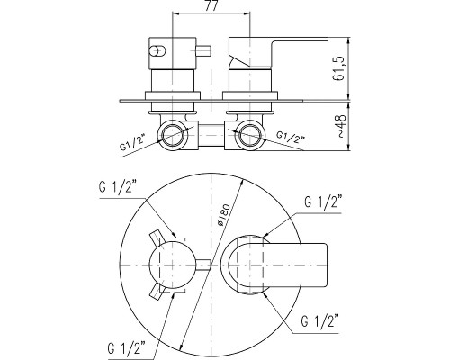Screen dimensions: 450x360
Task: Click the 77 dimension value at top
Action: [211, 5]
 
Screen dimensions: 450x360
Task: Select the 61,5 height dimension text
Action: [338, 69]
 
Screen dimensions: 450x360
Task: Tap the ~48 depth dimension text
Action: [341, 125]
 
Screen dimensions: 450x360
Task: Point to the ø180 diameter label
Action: [224, 215]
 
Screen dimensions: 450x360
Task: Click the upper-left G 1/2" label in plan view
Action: [118, 187]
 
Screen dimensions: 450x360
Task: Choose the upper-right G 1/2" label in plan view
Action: [323, 202]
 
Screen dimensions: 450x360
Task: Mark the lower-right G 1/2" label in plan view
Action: [320, 321]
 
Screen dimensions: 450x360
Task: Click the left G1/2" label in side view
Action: [132, 143]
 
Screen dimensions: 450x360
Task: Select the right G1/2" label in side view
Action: [291, 137]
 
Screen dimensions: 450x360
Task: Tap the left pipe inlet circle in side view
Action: [172, 135]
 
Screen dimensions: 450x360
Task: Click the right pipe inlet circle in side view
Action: [250, 135]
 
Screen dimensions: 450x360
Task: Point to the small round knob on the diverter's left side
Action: [157, 51]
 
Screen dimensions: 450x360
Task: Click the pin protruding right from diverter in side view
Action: [203, 51]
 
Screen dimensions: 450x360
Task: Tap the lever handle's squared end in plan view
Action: [312, 265]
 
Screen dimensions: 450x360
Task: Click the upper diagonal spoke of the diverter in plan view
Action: [157, 238]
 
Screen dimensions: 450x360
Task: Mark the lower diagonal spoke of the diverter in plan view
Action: [157, 292]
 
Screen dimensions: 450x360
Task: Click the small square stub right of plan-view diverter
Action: [204, 265]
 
